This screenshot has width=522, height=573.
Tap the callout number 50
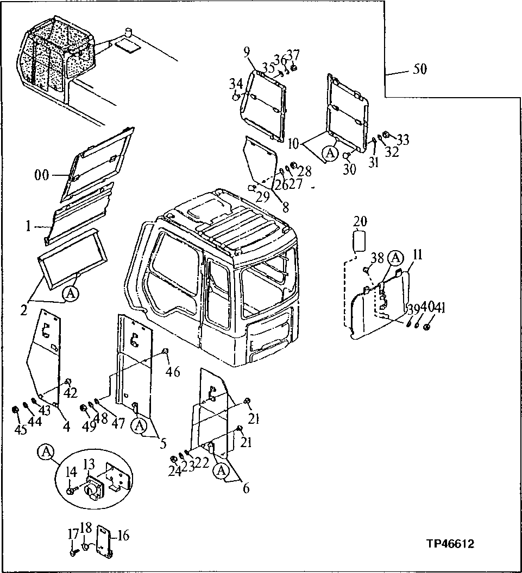(x=420, y=69)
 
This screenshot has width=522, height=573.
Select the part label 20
(x=360, y=221)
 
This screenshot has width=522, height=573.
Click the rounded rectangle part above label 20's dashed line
(x=360, y=240)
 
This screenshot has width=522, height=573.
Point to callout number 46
(x=173, y=372)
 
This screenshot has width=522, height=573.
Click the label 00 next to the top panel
(x=42, y=175)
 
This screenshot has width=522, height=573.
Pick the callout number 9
(x=247, y=52)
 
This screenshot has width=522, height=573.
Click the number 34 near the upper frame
(x=235, y=84)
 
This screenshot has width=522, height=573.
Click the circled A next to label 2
(x=70, y=294)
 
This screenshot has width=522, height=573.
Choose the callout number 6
(x=246, y=488)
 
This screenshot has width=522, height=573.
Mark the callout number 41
(x=426, y=309)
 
